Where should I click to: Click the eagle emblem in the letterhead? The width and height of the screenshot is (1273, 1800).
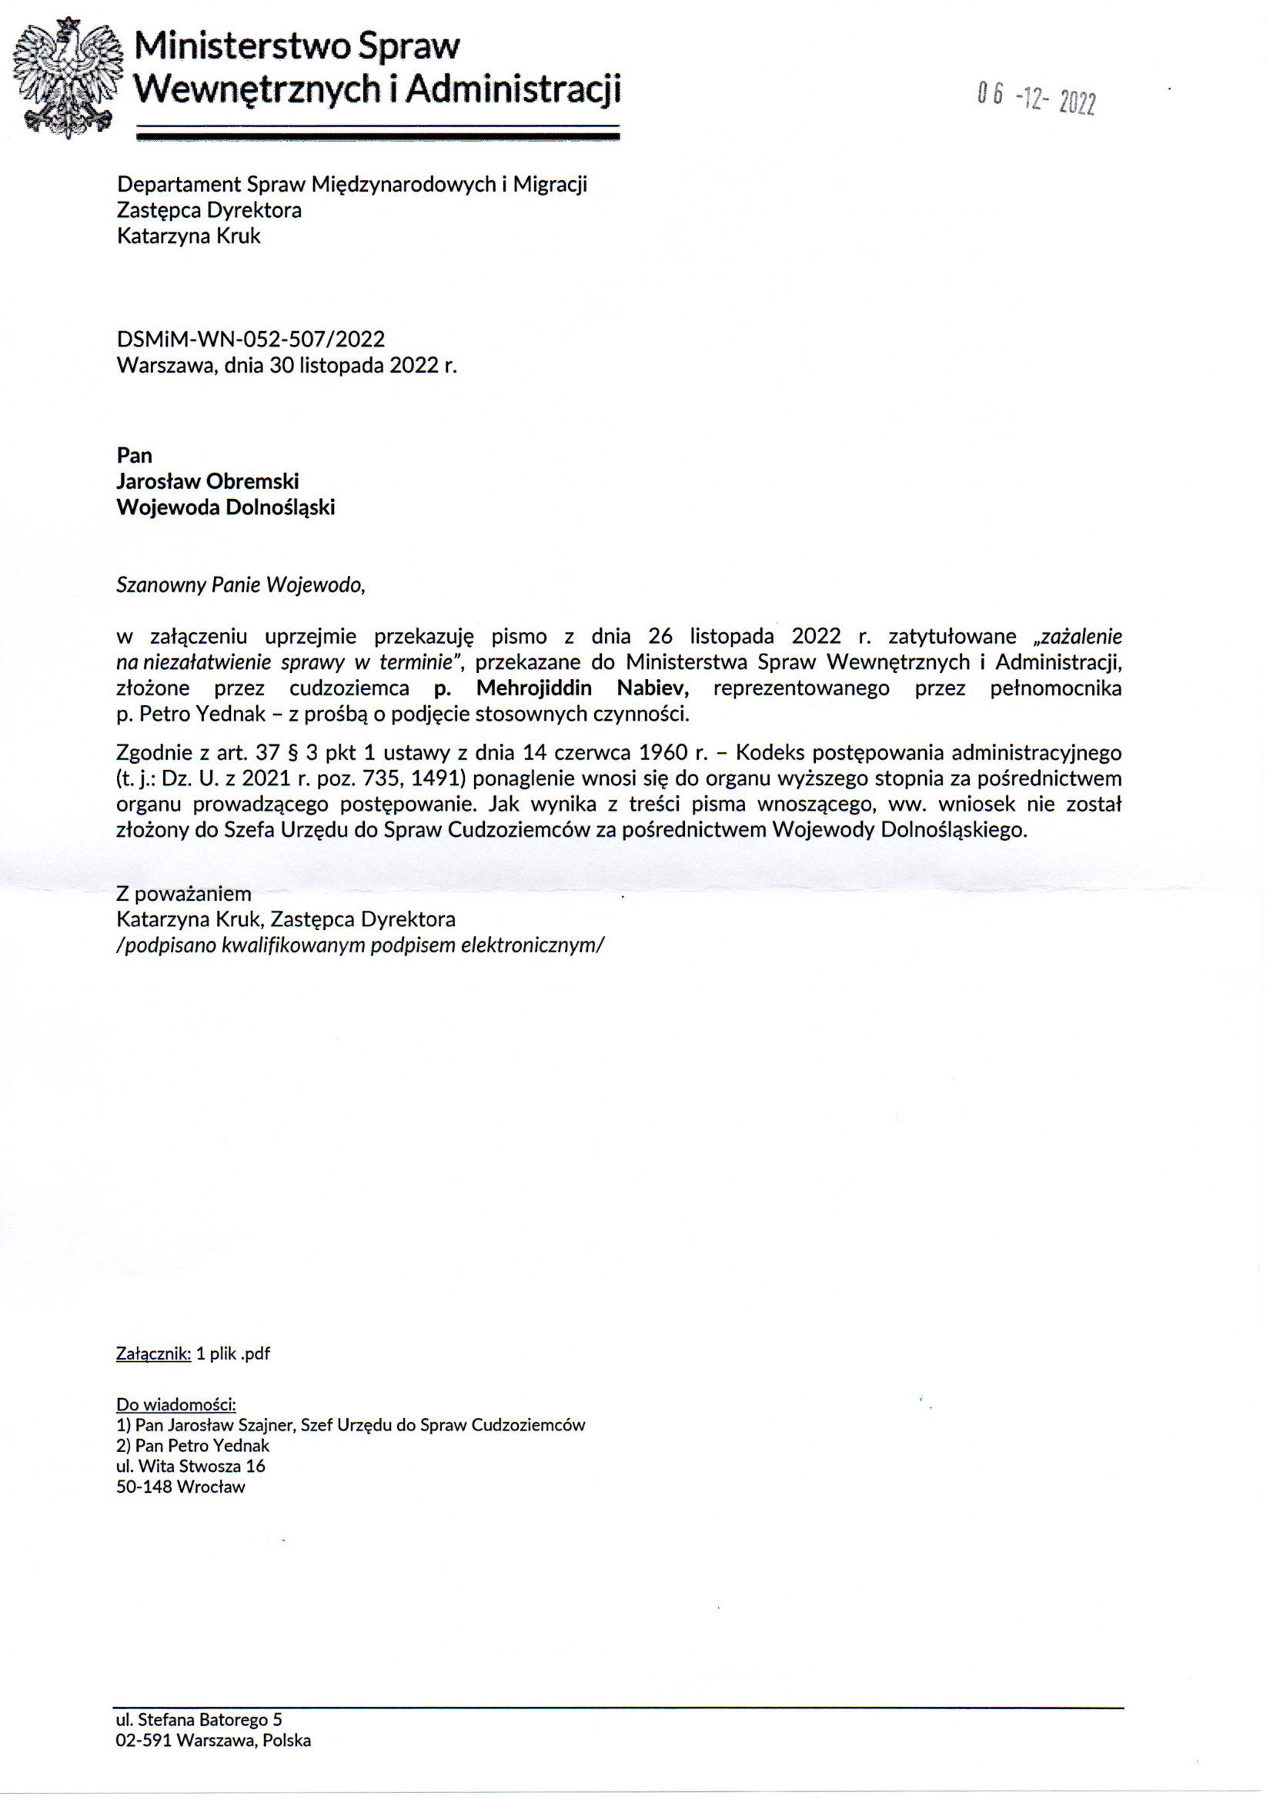tap(69, 77)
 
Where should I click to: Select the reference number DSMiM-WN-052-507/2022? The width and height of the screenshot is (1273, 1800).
tap(250, 339)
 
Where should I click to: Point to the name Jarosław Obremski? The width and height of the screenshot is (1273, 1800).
tap(207, 480)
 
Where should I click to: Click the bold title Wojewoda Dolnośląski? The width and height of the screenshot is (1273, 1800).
tap(225, 507)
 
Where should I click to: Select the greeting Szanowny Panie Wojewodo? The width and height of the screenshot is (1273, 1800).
tap(240, 585)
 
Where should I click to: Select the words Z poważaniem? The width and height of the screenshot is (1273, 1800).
tap(183, 893)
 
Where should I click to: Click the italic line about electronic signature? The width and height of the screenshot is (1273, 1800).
tap(359, 945)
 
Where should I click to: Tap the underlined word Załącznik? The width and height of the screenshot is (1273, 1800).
tap(153, 1353)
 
